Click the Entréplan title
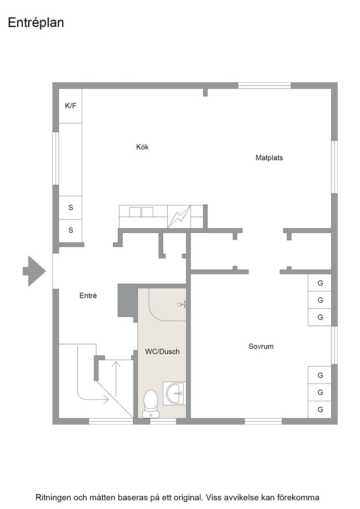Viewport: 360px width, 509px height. [36, 23]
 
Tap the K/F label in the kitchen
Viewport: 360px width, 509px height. [70, 105]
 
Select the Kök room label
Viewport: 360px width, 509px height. [142, 147]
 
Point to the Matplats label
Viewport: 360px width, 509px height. [269, 158]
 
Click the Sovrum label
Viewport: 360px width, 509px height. [261, 346]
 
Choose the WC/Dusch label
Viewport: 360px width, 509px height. [162, 352]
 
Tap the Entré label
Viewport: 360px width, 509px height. [88, 295]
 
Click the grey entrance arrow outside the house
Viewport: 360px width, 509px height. [34, 271]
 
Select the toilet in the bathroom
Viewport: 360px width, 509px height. [150, 404]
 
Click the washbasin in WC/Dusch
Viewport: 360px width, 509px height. [175, 393]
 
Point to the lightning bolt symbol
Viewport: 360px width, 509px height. [179, 216]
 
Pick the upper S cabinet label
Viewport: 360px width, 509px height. [70, 207]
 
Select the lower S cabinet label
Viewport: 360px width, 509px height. [70, 230]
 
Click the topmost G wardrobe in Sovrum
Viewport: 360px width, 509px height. [320, 283]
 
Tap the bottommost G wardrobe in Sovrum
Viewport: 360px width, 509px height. [320, 409]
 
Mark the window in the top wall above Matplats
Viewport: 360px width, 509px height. [265, 86]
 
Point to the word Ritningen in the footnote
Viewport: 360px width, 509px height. [53, 498]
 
